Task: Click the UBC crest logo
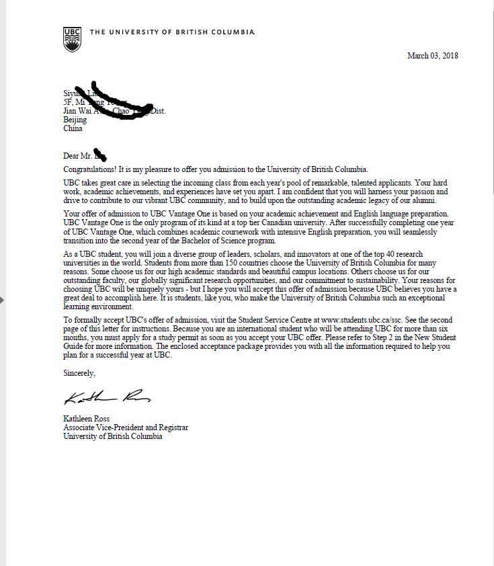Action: pos(71,40)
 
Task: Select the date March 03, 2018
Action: pos(432,56)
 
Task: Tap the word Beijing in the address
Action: pos(75,120)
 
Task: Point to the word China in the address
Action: pos(73,128)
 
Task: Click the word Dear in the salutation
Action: pos(71,157)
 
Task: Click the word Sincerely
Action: pos(79,372)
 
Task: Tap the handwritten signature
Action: pos(104,398)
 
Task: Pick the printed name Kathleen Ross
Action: pos(87,419)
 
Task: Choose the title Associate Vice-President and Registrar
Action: pos(126,428)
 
